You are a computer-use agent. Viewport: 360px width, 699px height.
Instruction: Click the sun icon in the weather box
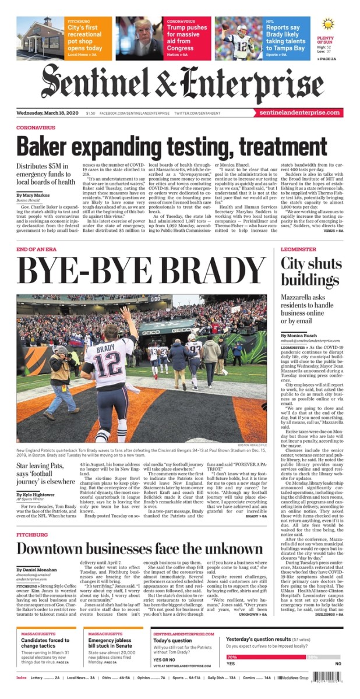coord(327,24)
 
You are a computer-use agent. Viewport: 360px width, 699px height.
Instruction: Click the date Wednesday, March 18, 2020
coord(47,113)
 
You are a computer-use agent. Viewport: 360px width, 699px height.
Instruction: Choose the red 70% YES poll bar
coord(265,657)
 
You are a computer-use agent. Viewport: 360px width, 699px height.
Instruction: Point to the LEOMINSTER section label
coord(298,249)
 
